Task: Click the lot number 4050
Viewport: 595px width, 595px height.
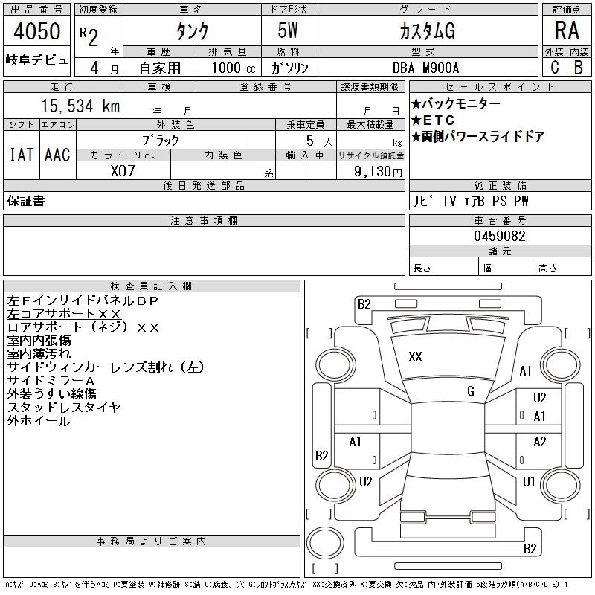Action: (37, 31)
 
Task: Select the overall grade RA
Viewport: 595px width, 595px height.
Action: (567, 30)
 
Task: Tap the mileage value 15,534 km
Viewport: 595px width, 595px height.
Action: (80, 106)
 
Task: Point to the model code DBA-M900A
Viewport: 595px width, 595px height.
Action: (425, 68)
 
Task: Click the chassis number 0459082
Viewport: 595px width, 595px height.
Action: (499, 236)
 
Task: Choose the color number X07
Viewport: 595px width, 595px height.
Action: (123, 171)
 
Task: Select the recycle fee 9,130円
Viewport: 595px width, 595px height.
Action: (378, 172)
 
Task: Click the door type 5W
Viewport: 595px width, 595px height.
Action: (288, 30)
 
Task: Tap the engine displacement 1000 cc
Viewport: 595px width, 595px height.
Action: (234, 68)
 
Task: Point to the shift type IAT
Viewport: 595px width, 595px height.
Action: (22, 155)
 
